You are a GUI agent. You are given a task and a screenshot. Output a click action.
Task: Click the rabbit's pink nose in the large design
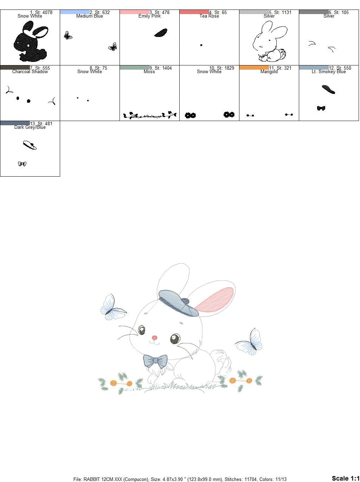click(x=154, y=338)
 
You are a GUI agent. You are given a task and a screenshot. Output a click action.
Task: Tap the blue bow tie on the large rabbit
click(x=155, y=361)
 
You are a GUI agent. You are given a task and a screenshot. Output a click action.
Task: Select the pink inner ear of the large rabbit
click(x=215, y=300)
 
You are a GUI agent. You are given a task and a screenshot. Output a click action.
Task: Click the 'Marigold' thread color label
click(x=269, y=72)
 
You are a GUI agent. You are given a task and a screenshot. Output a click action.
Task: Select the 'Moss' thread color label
click(x=149, y=72)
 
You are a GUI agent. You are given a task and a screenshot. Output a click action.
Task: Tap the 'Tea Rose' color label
click(x=209, y=16)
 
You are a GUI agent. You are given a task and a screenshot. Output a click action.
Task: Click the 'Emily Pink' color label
click(x=149, y=16)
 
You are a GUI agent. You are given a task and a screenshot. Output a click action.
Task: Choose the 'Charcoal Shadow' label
click(x=30, y=72)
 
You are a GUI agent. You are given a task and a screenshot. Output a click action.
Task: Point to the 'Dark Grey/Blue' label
click(x=30, y=127)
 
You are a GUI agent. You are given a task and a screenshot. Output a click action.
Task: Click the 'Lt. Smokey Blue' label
click(x=329, y=72)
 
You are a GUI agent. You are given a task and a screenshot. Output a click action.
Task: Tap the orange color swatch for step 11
click(x=254, y=68)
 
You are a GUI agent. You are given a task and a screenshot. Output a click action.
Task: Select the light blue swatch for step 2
click(x=75, y=12)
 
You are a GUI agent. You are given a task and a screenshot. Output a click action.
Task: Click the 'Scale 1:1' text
click(x=345, y=478)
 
